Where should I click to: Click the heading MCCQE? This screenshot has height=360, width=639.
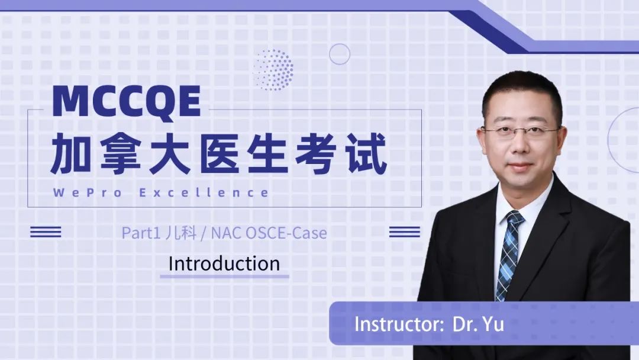[x=127, y=102]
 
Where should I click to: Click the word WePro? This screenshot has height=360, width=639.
[x=87, y=192]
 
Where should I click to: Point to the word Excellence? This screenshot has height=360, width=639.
[x=204, y=192]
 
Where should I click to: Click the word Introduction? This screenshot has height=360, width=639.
[x=224, y=263]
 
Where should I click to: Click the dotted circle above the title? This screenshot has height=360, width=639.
[x=273, y=70]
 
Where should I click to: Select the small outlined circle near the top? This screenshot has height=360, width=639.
[x=340, y=54]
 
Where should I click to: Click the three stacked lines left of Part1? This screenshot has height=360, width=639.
[x=46, y=232]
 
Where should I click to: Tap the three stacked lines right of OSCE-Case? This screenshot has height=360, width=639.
[x=405, y=232]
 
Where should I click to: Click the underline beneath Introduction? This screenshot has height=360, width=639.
[x=225, y=277]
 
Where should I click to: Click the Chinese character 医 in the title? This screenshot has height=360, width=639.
[x=219, y=153]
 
